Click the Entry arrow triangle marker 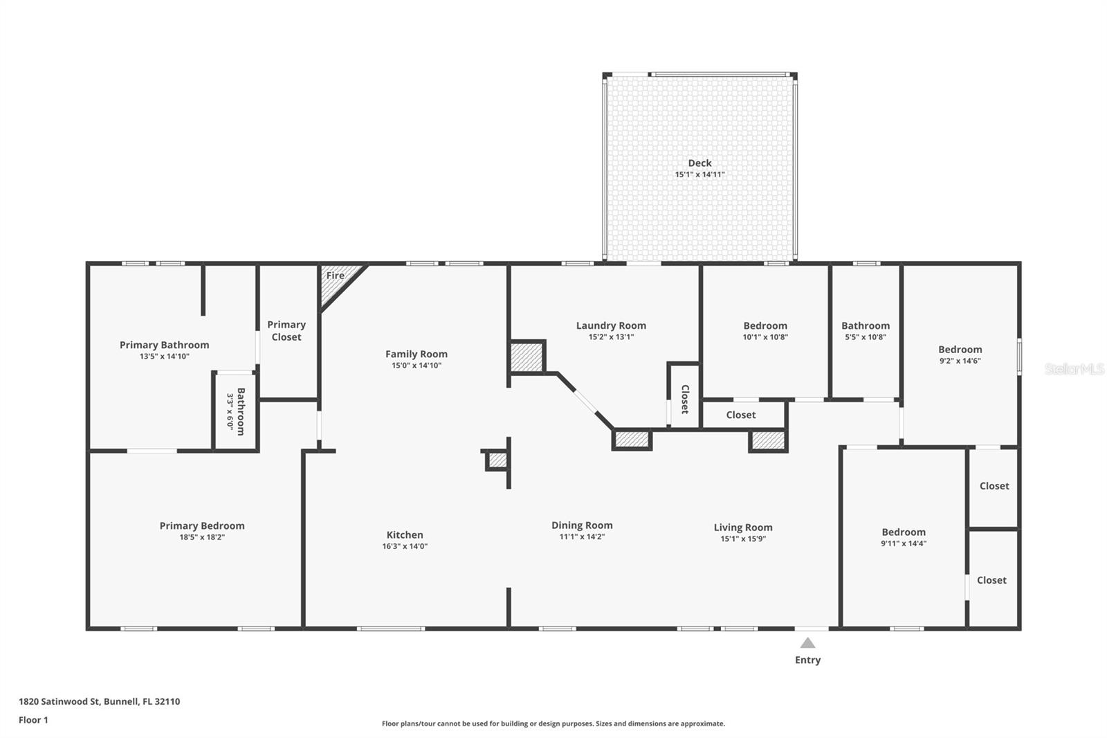(807, 642)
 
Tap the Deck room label (699, 163)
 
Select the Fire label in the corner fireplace (335, 276)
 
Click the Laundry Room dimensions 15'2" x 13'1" (611, 337)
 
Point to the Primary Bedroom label (201, 525)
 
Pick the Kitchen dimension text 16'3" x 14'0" (405, 546)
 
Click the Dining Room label (582, 525)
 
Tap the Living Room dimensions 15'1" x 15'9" (743, 539)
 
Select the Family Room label (416, 354)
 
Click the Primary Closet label (286, 330)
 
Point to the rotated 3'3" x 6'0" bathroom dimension (230, 411)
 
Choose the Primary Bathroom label (164, 345)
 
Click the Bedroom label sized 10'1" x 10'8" (765, 326)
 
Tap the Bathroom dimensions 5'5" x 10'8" (866, 337)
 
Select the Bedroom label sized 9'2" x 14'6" (960, 350)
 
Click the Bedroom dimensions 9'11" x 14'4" (904, 543)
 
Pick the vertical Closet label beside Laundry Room (685, 399)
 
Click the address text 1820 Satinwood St (60, 701)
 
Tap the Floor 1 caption (33, 720)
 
